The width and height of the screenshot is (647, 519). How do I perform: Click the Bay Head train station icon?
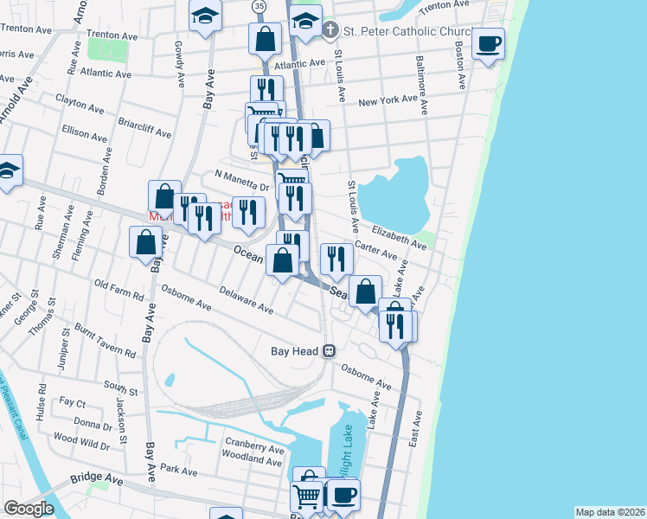tap(329, 351)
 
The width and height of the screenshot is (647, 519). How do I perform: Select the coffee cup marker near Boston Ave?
tap(489, 43)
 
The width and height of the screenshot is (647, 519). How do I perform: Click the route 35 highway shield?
tap(259, 6)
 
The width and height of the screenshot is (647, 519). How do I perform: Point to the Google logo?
tap(29, 509)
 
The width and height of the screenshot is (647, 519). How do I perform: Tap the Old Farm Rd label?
tap(119, 290)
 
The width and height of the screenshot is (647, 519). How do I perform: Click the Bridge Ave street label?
tap(97, 477)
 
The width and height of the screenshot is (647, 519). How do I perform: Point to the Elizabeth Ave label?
tap(399, 238)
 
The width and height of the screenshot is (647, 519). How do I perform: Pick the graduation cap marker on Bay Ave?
tap(205, 17)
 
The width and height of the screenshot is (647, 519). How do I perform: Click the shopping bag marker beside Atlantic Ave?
tap(265, 39)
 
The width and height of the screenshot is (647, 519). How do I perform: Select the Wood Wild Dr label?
tap(80, 443)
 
